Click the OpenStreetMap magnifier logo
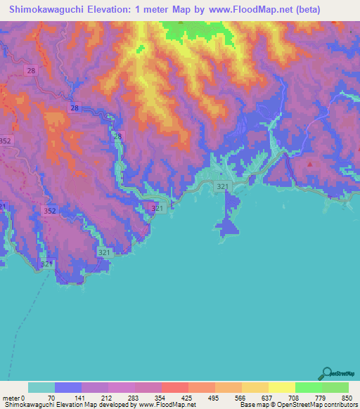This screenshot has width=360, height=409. pyautogui.click(x=326, y=373)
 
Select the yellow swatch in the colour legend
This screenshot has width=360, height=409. pyautogui.click(x=281, y=387)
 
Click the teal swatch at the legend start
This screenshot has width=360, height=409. pyautogui.click(x=41, y=387)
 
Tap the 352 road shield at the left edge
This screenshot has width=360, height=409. pyautogui.click(x=6, y=141)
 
